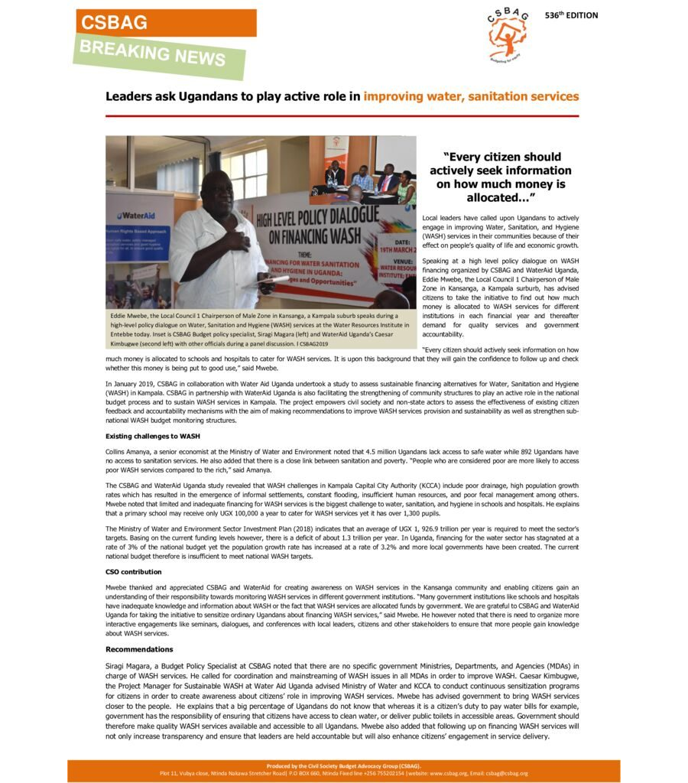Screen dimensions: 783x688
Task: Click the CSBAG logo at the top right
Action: point(506,35)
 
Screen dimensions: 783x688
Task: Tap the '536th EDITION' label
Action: point(571,15)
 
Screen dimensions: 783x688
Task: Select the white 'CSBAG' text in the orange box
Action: point(115,23)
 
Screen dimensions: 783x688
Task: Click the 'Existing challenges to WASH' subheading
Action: point(152,436)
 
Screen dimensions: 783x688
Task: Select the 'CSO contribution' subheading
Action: point(133,571)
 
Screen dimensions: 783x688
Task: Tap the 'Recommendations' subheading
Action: point(140,649)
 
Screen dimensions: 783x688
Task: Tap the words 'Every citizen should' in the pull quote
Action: point(502,157)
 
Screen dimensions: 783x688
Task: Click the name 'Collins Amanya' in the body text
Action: point(128,452)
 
